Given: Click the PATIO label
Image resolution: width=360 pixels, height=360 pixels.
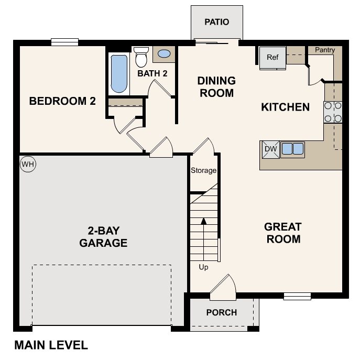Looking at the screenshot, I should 216,22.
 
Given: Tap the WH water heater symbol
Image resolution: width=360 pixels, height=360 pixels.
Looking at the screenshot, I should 27,165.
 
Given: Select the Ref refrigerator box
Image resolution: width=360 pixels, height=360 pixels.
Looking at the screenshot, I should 272,58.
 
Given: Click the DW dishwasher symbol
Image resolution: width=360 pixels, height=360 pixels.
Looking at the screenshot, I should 270,149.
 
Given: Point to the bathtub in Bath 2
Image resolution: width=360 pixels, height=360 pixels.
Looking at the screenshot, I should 119,73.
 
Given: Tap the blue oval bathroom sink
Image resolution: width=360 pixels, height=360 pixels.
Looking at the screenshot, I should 164,53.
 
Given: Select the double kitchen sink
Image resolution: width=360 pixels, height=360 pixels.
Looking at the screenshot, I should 292,149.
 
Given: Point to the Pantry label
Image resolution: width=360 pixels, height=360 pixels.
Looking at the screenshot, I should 325,50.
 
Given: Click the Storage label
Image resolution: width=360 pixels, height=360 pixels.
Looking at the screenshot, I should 203,170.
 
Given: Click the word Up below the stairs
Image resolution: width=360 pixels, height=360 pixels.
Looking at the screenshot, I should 203,267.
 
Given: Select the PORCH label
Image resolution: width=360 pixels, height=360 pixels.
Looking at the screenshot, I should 221,313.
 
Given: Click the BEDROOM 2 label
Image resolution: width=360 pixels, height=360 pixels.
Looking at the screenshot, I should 62,101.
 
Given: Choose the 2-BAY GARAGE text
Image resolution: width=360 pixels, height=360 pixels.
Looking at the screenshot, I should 103,236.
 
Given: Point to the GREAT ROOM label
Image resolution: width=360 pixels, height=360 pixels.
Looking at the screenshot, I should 282,233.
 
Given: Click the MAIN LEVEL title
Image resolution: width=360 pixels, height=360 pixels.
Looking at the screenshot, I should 51,345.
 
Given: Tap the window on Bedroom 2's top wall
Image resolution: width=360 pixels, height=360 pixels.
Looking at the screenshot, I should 64,42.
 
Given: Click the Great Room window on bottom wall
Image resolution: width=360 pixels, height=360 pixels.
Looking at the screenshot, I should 297,296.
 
